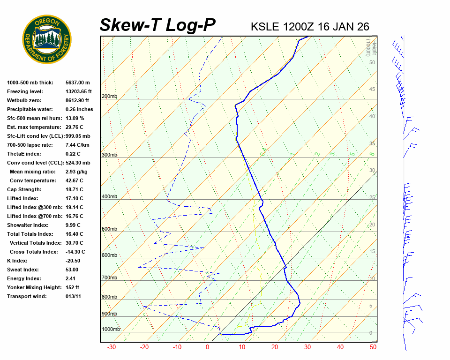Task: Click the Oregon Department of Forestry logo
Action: [x=47, y=39]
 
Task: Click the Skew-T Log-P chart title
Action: [x=157, y=25]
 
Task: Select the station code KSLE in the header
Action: [x=265, y=27]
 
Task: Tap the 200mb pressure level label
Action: [x=109, y=97]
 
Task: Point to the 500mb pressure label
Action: [x=109, y=229]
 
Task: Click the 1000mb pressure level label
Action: [x=111, y=330]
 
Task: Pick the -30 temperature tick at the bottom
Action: [x=112, y=347]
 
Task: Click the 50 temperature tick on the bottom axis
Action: [x=373, y=347]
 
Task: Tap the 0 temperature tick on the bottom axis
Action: [x=208, y=347]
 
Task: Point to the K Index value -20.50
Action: [x=73, y=261]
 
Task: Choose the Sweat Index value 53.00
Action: [x=72, y=270]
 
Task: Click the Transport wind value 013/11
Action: [x=74, y=296]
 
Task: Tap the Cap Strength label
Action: [x=24, y=189]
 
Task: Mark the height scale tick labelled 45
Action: [x=372, y=90]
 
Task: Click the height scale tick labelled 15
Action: [x=372, y=252]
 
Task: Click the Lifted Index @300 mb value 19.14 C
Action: [x=75, y=207]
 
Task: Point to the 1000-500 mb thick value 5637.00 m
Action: [x=77, y=82]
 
